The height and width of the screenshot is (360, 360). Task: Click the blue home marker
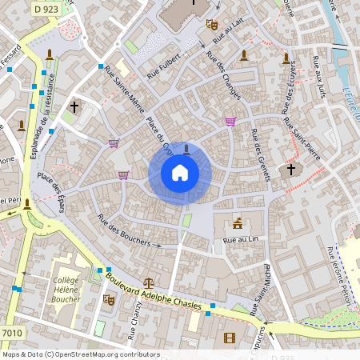179,172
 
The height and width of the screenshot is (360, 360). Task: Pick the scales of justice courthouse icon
149,282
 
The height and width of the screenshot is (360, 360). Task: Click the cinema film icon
230,337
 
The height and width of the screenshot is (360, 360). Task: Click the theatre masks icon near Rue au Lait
212,25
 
